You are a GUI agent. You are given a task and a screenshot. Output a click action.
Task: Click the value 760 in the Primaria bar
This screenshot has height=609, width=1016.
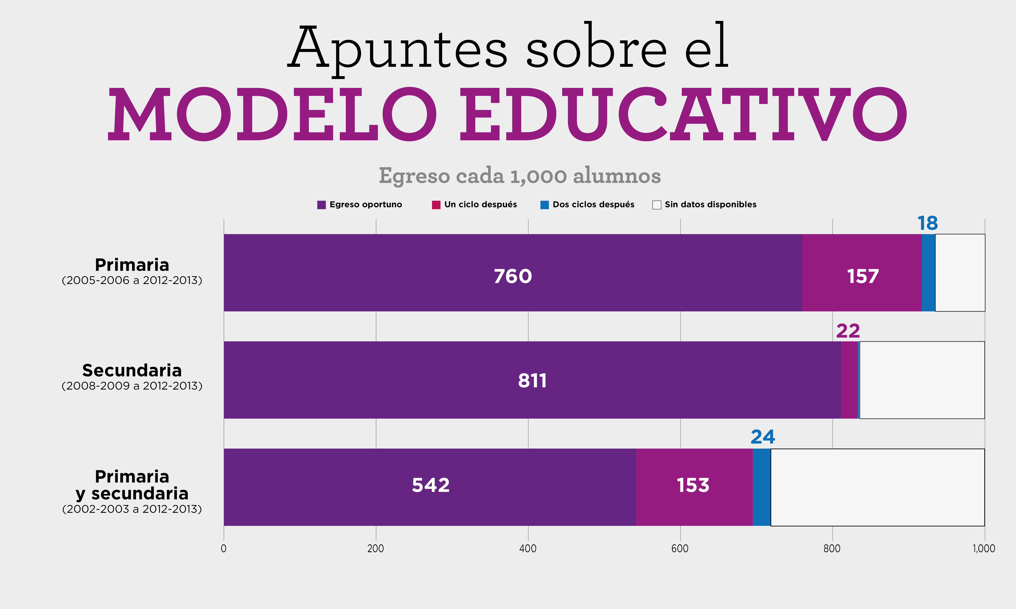[x=512, y=276]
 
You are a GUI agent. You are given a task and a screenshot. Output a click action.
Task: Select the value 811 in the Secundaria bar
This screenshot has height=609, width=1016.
[x=532, y=380]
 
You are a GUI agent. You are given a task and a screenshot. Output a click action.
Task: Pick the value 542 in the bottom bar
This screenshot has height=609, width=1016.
[x=431, y=485]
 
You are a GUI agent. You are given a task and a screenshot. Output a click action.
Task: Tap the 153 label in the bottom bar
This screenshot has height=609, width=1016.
[x=693, y=485]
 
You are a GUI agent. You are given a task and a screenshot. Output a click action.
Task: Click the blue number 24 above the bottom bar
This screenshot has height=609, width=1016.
[x=763, y=437]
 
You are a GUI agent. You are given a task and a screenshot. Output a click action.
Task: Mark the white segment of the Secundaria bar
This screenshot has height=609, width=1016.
[x=922, y=380]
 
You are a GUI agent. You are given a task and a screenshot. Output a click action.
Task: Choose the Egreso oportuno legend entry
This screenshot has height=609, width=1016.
[x=360, y=204]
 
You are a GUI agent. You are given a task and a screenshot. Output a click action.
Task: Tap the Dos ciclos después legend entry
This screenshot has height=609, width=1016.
[x=587, y=204]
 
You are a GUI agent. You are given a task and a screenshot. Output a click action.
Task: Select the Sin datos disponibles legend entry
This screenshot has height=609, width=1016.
[x=704, y=204]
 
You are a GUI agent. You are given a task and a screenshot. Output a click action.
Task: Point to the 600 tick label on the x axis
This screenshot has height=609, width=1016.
[x=680, y=549]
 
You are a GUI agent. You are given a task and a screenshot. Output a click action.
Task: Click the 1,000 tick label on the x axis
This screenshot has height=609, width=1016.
[x=983, y=549]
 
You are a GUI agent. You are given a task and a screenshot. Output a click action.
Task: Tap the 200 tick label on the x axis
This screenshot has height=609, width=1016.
[x=375, y=549]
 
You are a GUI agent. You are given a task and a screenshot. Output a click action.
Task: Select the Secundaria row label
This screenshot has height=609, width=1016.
[x=132, y=370]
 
